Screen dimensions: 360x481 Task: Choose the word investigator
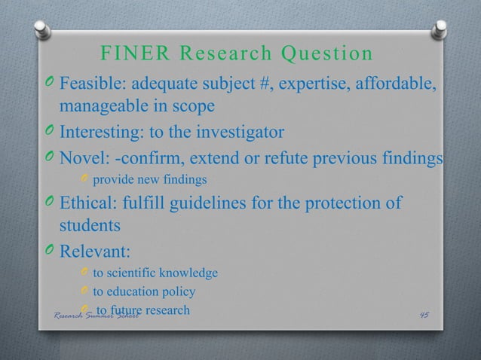[x=237, y=133]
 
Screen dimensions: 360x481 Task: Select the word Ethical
[x=87, y=204]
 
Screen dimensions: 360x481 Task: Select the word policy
[x=179, y=291]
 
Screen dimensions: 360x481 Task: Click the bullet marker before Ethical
[x=48, y=205]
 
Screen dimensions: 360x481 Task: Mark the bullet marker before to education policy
[x=84, y=292]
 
